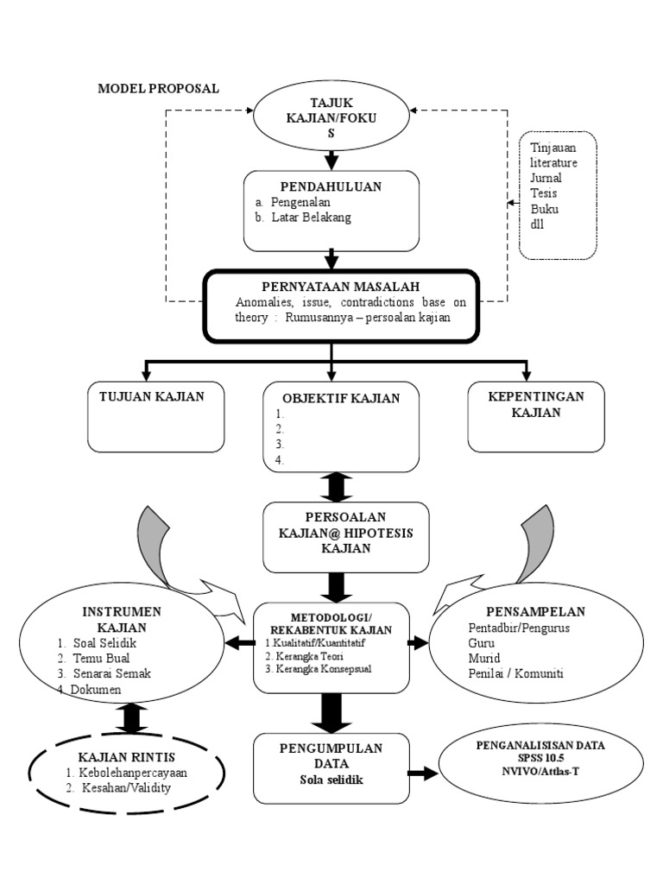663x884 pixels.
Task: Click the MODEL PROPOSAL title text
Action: (158, 89)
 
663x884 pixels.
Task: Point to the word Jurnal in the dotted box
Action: (546, 178)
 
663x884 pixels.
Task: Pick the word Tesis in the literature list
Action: (543, 193)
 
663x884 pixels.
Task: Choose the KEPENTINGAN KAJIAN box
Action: (535, 417)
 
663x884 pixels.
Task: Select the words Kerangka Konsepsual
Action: (322, 669)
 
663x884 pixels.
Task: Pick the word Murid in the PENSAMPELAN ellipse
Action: (483, 658)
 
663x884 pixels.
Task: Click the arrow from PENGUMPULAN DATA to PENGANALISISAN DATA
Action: (422, 773)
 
